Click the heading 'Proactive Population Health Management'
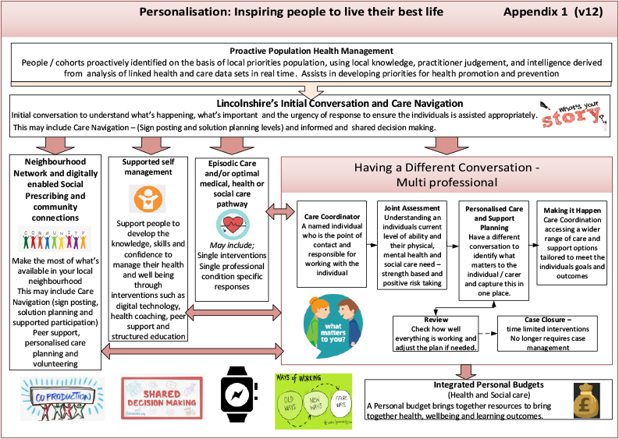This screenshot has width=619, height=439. [x=310, y=51]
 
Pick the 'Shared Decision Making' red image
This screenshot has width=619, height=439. [x=162, y=399]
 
